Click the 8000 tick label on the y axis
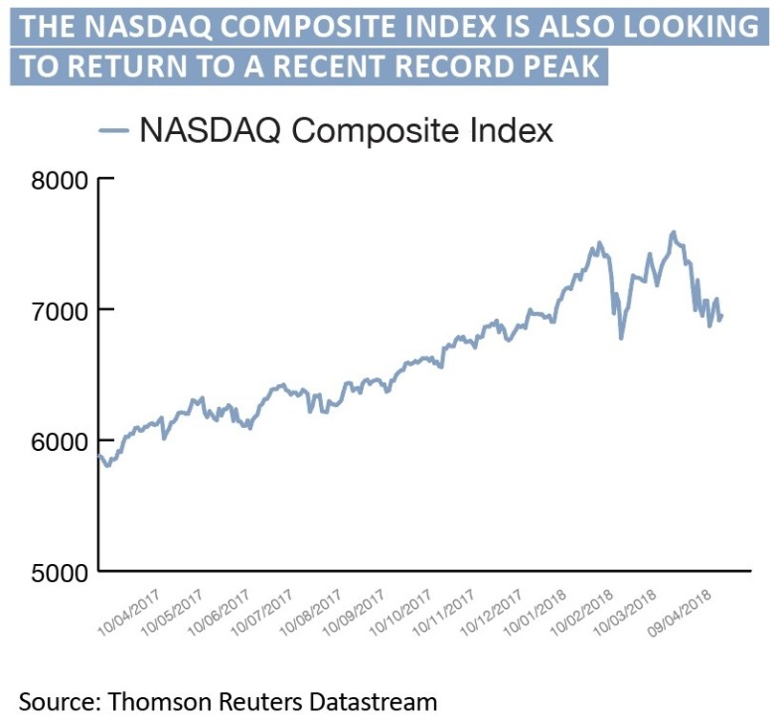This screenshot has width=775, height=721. coord(60,180)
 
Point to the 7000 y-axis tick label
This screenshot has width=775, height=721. coord(60,310)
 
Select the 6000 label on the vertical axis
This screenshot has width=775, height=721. coord(60,441)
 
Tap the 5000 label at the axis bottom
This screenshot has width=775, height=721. coord(60,573)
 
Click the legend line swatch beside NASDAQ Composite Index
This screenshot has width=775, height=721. coord(112,129)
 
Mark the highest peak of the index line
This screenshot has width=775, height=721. coord(675,232)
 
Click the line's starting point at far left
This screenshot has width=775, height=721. coord(98,456)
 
